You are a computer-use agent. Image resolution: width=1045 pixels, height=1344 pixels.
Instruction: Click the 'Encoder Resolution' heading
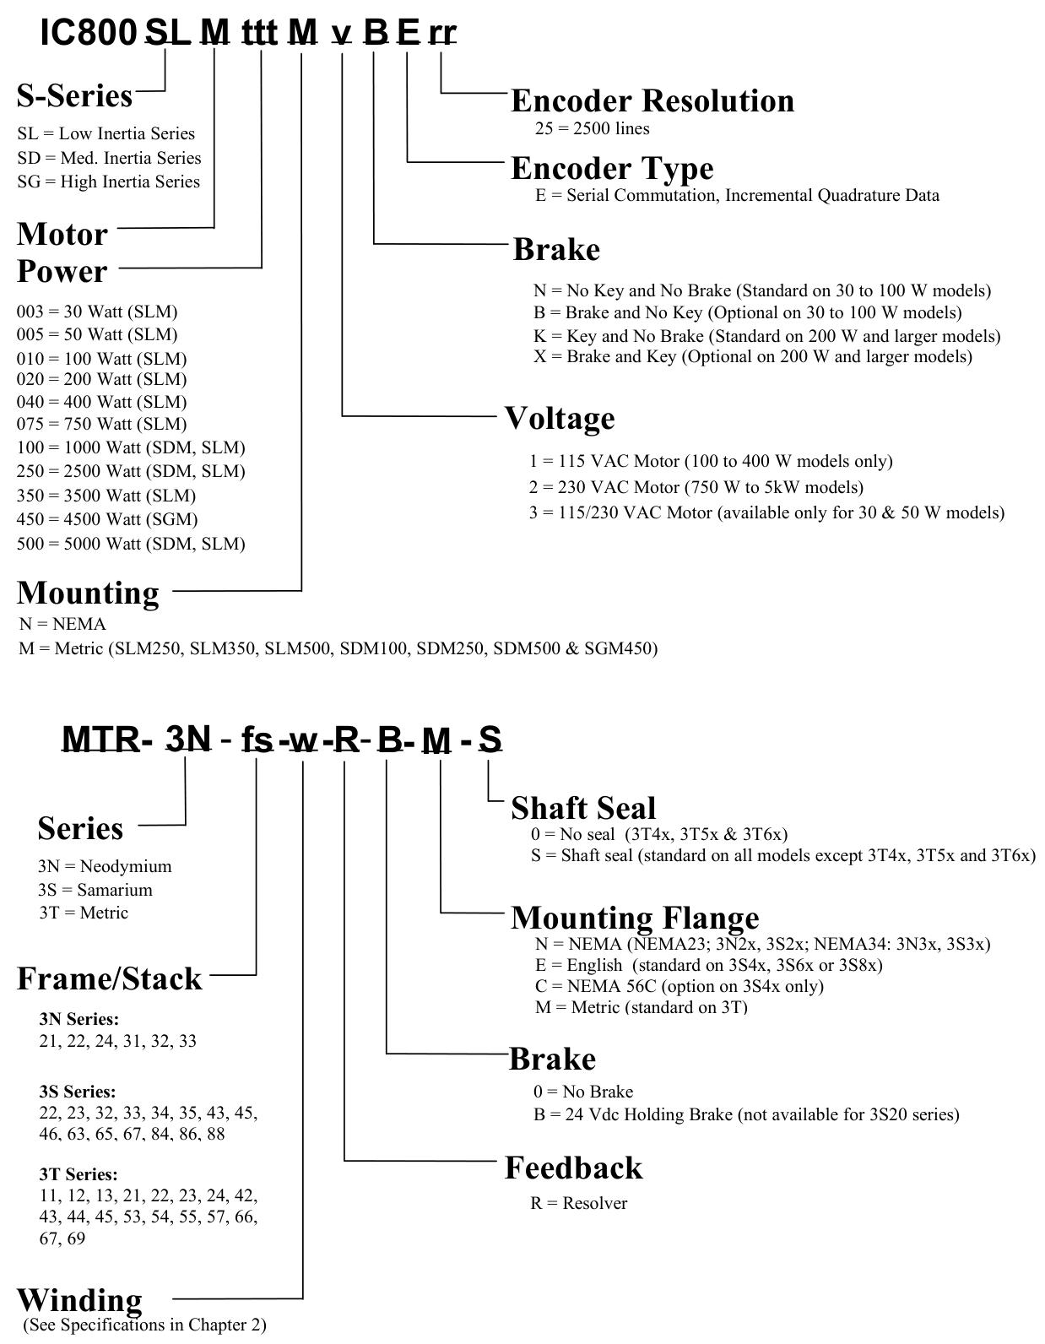click(652, 100)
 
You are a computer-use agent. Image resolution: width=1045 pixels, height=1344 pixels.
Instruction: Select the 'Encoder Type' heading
click(612, 169)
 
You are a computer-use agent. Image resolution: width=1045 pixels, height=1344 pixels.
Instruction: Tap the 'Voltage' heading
click(560, 419)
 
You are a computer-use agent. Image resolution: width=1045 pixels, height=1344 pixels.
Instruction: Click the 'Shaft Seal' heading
click(583, 809)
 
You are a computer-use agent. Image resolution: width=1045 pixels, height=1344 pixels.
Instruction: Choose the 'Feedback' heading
click(574, 1168)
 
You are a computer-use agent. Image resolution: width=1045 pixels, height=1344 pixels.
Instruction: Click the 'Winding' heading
click(79, 1301)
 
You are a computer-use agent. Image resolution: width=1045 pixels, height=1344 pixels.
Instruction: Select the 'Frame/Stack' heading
click(110, 979)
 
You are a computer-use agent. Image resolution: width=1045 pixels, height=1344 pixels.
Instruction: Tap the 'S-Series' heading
click(74, 96)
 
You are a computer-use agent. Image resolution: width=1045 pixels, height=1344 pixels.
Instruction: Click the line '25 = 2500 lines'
click(592, 128)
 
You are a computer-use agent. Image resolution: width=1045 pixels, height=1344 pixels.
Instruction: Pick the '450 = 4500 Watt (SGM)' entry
click(107, 519)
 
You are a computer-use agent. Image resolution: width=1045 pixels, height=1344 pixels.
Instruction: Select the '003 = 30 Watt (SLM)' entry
click(97, 312)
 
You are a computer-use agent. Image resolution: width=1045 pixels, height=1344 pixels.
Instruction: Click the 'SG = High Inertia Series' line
click(109, 182)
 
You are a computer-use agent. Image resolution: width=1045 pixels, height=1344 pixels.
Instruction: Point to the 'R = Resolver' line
click(579, 1204)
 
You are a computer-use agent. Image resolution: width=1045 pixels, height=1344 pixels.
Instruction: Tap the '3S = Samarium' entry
click(95, 890)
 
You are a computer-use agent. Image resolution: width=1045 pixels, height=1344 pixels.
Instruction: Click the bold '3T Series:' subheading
click(78, 1174)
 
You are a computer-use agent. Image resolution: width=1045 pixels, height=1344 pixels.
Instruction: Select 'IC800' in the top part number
click(88, 33)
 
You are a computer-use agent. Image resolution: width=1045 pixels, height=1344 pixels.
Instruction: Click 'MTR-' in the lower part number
click(107, 740)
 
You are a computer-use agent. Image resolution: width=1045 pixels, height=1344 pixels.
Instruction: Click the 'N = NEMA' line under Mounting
click(62, 624)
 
